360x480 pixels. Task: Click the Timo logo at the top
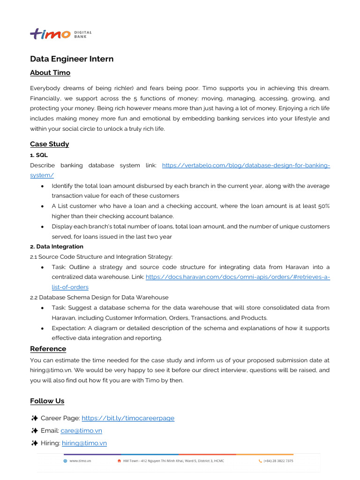click(x=50, y=34)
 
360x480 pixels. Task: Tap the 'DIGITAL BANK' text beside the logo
click(x=83, y=34)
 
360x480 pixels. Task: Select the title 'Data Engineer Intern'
click(x=72, y=59)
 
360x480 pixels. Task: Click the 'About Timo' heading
click(x=50, y=73)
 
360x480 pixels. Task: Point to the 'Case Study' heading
click(x=49, y=144)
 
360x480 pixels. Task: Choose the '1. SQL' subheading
click(x=39, y=155)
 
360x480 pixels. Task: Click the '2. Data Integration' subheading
click(x=57, y=247)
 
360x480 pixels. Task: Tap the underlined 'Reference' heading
click(x=48, y=349)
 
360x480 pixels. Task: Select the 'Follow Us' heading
click(x=47, y=401)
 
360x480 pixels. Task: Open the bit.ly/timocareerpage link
click(x=127, y=418)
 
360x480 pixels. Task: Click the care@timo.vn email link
click(x=81, y=430)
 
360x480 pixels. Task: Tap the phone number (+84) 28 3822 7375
click(x=279, y=461)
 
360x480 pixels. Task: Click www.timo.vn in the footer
click(x=80, y=461)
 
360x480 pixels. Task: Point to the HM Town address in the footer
click(x=173, y=461)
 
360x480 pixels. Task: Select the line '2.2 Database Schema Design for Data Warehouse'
click(x=99, y=297)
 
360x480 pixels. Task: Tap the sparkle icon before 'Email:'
click(x=34, y=430)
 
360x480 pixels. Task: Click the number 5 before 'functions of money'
click(x=135, y=98)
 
